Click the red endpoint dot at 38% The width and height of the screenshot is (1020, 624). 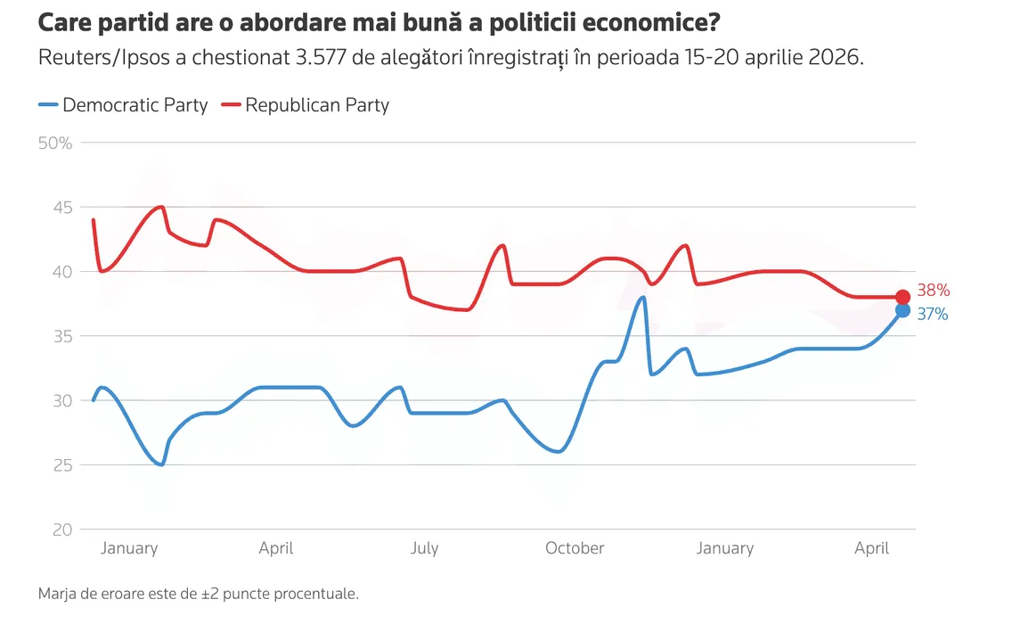tap(902, 297)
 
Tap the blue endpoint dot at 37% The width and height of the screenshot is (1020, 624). tap(902, 310)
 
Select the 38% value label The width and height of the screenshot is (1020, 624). tap(934, 291)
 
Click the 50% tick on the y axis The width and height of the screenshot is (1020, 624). tap(55, 143)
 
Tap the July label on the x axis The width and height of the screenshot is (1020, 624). tap(424, 548)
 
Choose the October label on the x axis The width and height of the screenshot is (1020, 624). tap(575, 548)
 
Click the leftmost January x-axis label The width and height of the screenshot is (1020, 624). tap(129, 548)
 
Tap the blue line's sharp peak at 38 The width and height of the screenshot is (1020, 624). tap(642, 298)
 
